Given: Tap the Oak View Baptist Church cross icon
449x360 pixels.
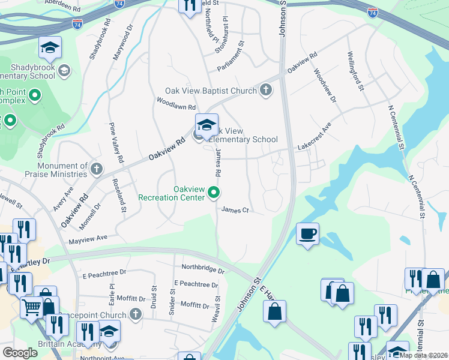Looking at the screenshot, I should point(265,91).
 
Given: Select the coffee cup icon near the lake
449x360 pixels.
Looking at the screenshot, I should point(307,233).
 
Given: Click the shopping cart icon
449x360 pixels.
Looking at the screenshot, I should point(31,308).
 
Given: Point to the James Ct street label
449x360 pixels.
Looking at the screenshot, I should point(235,210).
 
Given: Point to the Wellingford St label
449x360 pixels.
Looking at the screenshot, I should point(355,70).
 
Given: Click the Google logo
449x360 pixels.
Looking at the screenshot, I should point(20,353).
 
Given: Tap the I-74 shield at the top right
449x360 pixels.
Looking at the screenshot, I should point(373,12).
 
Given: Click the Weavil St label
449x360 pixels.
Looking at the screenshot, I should point(217,308).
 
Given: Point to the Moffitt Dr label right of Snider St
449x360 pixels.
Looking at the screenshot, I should point(194,305).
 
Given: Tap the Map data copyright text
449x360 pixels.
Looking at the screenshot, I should point(424,355).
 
